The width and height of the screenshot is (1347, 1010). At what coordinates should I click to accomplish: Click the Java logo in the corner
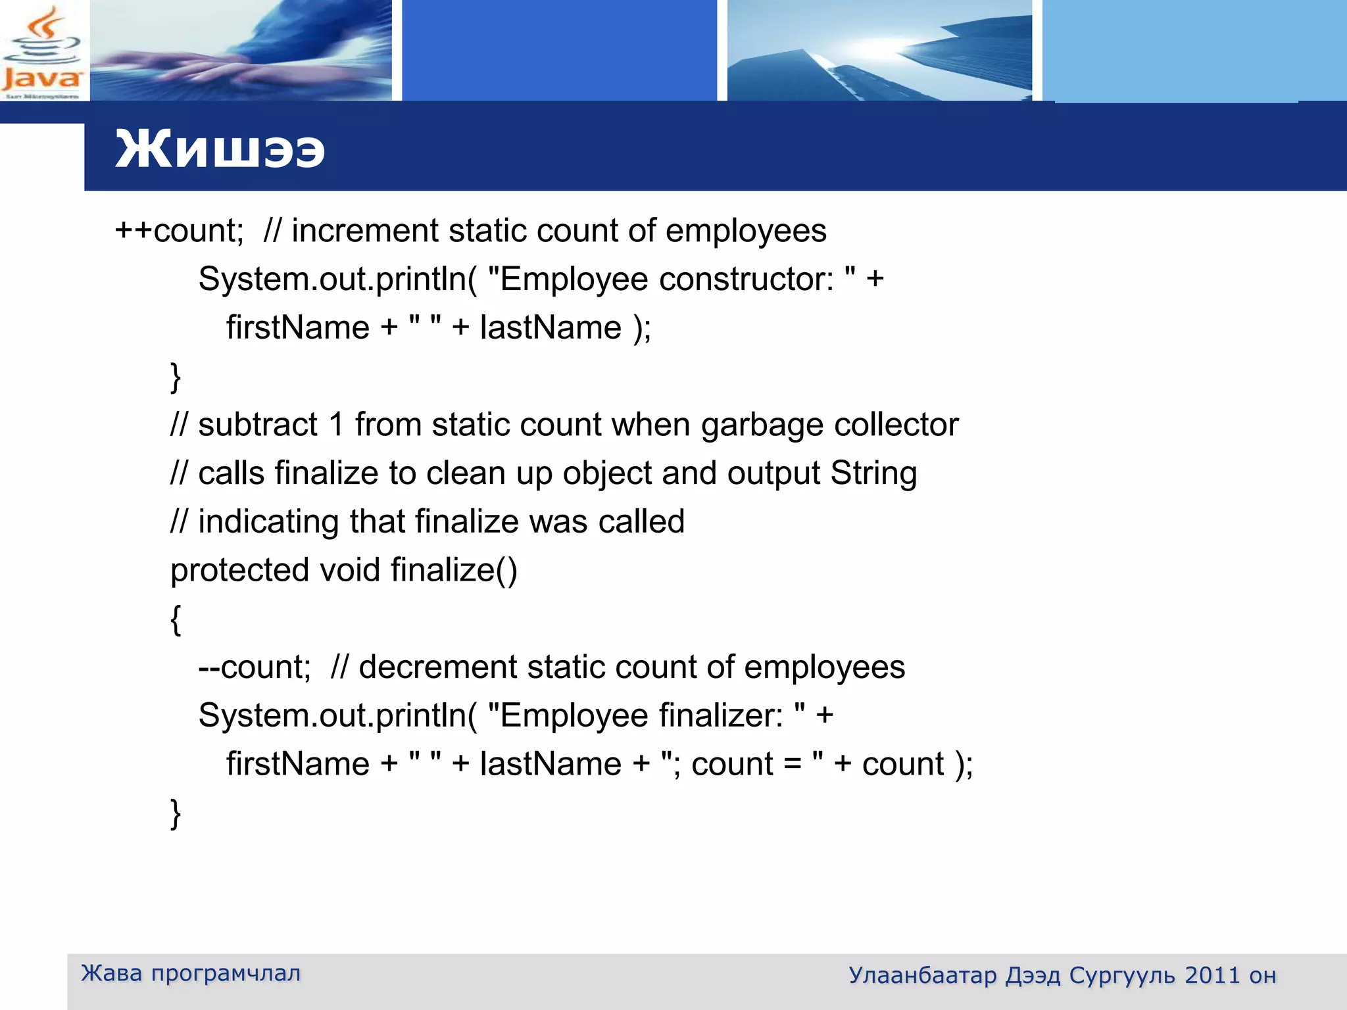42,53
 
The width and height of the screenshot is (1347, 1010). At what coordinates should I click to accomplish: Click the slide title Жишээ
220,149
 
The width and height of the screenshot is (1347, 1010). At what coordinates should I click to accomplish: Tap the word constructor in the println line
747,279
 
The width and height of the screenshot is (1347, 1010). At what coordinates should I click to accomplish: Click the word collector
896,425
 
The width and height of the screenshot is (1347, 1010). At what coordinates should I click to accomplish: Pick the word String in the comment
873,473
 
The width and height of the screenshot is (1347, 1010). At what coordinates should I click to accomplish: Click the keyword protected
239,571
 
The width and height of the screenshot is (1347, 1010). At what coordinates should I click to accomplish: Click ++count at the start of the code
179,231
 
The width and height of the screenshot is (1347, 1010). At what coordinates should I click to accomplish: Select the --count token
254,667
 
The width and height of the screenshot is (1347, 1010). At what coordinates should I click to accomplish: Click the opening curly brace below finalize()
176,619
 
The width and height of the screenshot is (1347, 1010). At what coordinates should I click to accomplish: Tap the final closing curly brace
176,813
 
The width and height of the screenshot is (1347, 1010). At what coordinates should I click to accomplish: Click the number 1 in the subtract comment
337,425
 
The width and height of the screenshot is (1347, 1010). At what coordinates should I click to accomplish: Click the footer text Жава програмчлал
191,973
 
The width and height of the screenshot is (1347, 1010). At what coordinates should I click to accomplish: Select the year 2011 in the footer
1212,975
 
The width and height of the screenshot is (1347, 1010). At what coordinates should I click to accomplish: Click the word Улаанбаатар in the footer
923,975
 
